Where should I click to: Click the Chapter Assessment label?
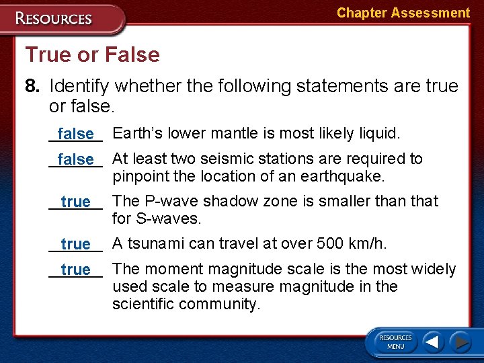pos(403,13)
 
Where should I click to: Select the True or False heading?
pos(92,54)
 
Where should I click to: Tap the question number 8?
pos(33,86)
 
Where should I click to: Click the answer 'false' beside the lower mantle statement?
pos(75,134)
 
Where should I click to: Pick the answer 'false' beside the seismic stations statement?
pos(75,160)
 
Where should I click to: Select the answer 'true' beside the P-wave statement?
pos(75,202)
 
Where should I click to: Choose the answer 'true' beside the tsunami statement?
pos(75,244)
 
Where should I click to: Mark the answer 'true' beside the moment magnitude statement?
pos(75,270)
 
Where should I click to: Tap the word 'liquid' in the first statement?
pos(377,134)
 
